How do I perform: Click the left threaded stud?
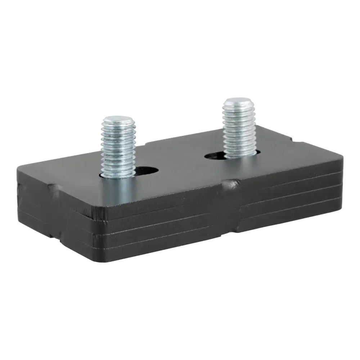(x=118, y=148)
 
